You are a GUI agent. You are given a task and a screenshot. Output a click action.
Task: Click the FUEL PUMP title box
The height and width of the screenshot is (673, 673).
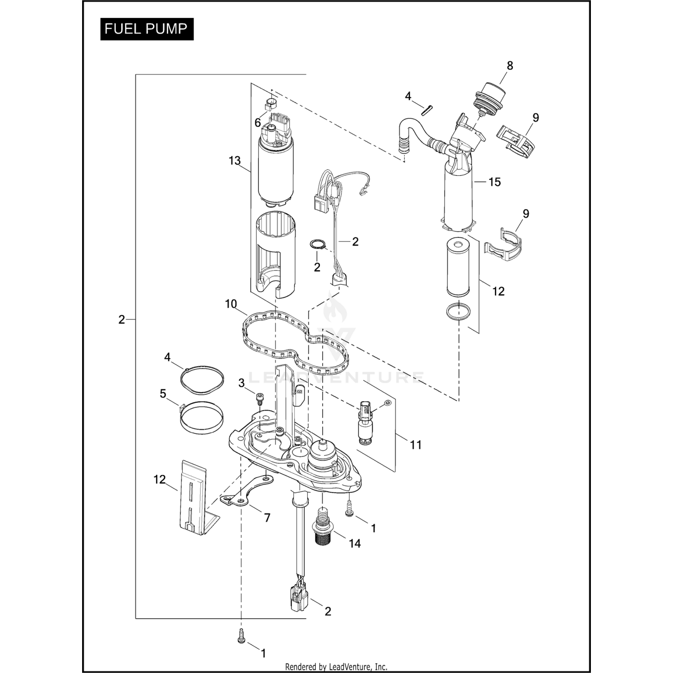pyautogui.click(x=146, y=29)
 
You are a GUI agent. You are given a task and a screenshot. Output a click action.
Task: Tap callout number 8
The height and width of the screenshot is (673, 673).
pyautogui.click(x=510, y=66)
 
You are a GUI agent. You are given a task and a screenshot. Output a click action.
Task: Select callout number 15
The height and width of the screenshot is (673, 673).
pyautogui.click(x=494, y=182)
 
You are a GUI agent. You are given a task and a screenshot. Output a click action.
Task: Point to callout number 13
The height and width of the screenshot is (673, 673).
pyautogui.click(x=235, y=160)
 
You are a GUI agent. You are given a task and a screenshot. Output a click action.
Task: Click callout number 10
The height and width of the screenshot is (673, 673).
pyautogui.click(x=231, y=304)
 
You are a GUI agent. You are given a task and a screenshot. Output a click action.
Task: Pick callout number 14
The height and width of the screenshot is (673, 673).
pyautogui.click(x=355, y=543)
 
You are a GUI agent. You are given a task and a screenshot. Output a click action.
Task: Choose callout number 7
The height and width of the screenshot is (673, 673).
pyautogui.click(x=267, y=518)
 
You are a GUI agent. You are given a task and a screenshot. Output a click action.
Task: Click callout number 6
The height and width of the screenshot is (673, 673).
pyautogui.click(x=258, y=122)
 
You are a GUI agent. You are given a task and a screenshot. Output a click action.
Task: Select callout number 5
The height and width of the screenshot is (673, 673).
pyautogui.click(x=163, y=393)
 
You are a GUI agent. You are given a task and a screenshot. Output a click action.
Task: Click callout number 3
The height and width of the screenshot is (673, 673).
pyautogui.click(x=241, y=383)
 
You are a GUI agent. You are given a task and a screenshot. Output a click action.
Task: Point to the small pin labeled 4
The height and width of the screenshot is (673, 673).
pyautogui.click(x=426, y=110)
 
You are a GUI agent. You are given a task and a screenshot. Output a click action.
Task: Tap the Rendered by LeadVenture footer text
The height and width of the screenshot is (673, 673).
pyautogui.click(x=336, y=667)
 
